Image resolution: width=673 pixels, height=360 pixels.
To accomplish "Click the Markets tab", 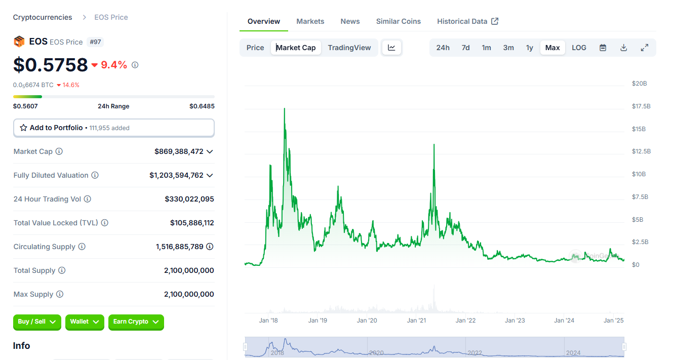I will [310, 21].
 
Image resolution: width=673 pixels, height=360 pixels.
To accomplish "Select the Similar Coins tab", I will [398, 21].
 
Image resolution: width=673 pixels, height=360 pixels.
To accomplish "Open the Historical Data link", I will [467, 21].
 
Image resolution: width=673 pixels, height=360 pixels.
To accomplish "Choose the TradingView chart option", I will [349, 48].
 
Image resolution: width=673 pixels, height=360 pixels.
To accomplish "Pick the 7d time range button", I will [465, 48].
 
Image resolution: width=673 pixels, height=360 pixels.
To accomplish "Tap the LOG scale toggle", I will [579, 48].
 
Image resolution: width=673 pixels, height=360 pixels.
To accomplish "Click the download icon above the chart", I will [624, 48].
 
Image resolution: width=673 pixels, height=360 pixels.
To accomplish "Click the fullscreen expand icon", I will [645, 48].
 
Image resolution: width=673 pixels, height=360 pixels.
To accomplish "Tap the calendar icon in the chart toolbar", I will [603, 48].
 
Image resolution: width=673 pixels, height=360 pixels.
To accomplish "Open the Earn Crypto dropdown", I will [136, 322].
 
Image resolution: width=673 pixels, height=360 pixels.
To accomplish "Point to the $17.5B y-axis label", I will [641, 106].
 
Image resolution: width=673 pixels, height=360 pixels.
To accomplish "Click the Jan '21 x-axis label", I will [416, 321].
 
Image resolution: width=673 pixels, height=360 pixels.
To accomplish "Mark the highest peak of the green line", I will [285, 108].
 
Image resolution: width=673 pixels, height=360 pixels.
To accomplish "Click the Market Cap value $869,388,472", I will [179, 151].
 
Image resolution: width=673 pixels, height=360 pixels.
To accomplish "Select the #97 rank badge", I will [95, 42].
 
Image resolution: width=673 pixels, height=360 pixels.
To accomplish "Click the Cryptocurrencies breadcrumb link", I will [43, 17].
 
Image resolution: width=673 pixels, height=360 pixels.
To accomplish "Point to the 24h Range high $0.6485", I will [202, 106].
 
